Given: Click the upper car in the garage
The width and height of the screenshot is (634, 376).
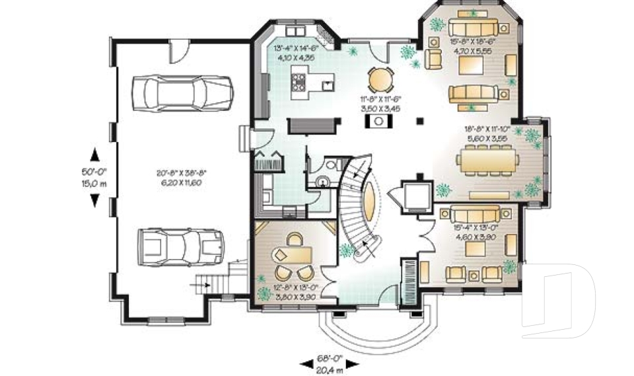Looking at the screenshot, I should coord(182,92).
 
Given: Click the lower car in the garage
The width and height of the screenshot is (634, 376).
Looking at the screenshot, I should coord(180,247).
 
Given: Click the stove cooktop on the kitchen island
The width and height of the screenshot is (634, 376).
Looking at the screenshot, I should coord(299,83).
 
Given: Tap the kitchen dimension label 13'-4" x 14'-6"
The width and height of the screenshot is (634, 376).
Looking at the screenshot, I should coord(296,52).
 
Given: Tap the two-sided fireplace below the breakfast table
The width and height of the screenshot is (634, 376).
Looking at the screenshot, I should coord(380,120).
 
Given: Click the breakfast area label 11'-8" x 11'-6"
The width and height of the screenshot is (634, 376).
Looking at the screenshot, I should coord(382,102).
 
